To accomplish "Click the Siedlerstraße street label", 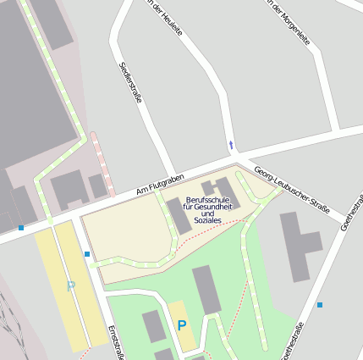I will tap(130, 82).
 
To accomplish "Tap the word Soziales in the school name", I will tap(207, 220).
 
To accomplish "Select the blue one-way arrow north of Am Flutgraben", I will tap(231, 145).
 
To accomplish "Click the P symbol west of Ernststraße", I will tap(71, 286).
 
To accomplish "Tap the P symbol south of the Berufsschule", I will tap(181, 325).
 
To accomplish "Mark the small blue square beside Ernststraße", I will tap(86, 253).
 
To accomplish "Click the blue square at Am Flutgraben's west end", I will tap(21, 227).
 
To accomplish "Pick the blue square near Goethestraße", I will tap(320, 305).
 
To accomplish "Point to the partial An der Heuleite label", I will tap(162, 12).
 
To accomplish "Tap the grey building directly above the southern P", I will tap(206, 290).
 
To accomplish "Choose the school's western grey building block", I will tap(179, 217).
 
